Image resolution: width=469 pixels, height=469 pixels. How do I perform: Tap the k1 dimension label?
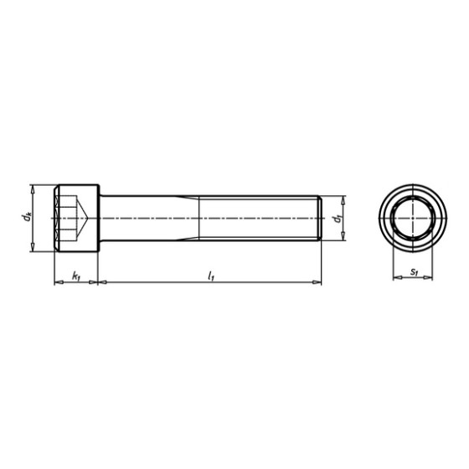[76, 275]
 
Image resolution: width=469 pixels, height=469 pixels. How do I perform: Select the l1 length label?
[210, 275]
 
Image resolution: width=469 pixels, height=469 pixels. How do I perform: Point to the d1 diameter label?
[335, 219]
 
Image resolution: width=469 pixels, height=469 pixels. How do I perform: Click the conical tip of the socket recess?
[90, 218]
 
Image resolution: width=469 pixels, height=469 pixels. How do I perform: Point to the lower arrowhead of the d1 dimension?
[343, 236]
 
